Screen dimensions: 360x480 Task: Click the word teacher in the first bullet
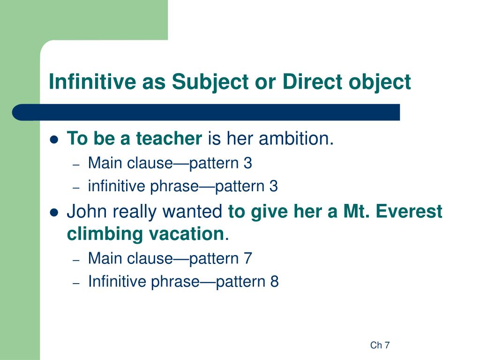pyautogui.click(x=168, y=139)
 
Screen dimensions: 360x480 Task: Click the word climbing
pyautogui.click(x=103, y=233)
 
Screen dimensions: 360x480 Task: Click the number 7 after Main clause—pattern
pyautogui.click(x=248, y=258)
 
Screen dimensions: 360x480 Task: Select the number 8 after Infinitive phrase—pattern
pyautogui.click(x=274, y=282)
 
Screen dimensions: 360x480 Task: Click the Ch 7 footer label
pyautogui.click(x=380, y=345)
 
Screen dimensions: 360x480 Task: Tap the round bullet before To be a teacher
pyautogui.click(x=54, y=140)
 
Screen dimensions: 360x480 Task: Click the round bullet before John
pyautogui.click(x=54, y=212)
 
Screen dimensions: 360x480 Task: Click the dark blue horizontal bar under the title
pyautogui.click(x=206, y=112)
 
